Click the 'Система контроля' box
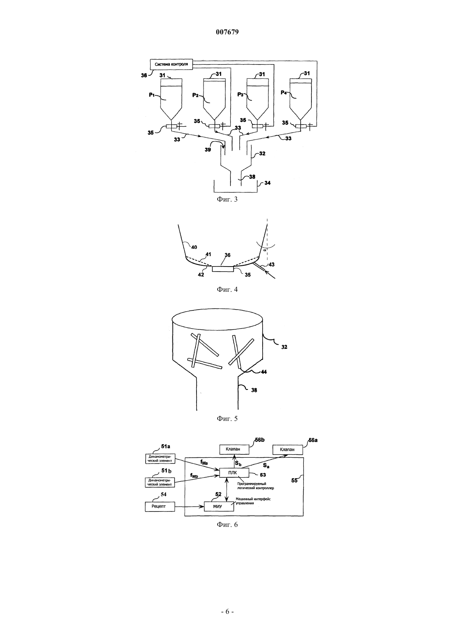click(171, 64)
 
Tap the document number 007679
click(227, 32)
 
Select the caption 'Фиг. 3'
click(227, 199)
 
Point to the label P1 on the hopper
click(152, 95)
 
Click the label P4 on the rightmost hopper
click(284, 93)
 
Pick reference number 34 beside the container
click(268, 183)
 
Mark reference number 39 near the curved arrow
click(207, 149)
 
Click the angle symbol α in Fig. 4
click(265, 250)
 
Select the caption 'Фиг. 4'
click(227, 289)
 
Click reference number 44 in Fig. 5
click(264, 372)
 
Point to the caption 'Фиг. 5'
click(227, 418)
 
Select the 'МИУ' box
click(219, 506)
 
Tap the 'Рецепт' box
click(160, 506)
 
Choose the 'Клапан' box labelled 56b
click(235, 449)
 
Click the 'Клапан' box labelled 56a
click(287, 449)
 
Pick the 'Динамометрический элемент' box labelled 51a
click(160, 459)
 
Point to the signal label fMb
click(194, 476)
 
